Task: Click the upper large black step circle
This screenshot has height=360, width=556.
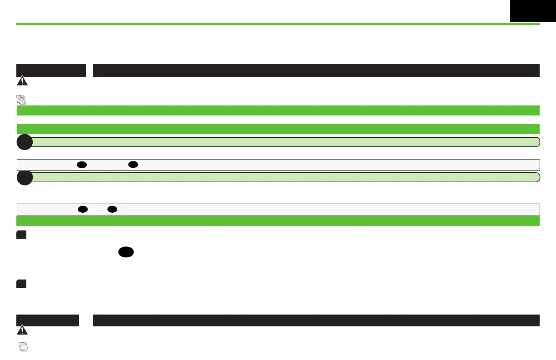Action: coord(25,142)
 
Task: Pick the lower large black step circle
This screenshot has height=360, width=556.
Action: coord(25,178)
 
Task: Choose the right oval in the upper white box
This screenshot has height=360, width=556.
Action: coord(133,165)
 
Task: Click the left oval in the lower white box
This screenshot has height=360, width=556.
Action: coord(82,209)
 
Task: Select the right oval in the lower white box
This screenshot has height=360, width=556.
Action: coord(113,209)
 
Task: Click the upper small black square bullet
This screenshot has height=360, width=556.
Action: coord(21,235)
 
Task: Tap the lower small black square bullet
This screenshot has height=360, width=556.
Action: coord(21,284)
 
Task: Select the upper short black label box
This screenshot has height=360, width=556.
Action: coord(51,70)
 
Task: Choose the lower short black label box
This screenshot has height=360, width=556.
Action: coord(48,320)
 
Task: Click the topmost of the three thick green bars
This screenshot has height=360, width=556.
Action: coord(278,110)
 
